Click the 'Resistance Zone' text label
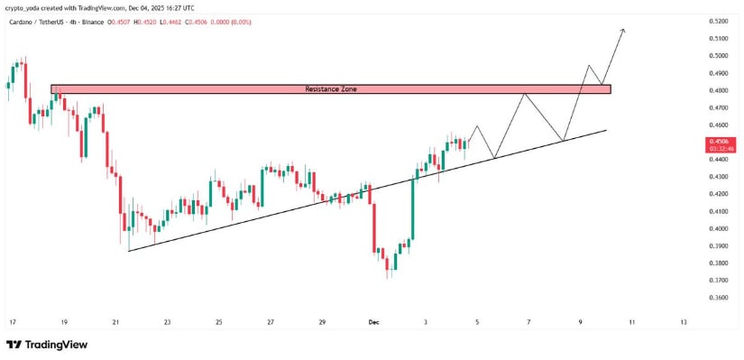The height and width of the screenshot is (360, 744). (x=330, y=89)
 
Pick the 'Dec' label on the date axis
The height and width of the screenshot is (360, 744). (x=374, y=321)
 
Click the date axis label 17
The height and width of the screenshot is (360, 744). (x=12, y=321)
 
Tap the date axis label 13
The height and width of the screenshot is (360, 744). (x=684, y=321)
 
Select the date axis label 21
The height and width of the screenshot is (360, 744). (x=115, y=321)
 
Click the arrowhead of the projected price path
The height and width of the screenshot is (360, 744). (x=622, y=32)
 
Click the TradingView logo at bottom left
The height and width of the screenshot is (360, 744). (x=45, y=345)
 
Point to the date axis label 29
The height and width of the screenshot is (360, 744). (x=322, y=321)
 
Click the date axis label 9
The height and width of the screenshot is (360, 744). (x=581, y=321)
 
